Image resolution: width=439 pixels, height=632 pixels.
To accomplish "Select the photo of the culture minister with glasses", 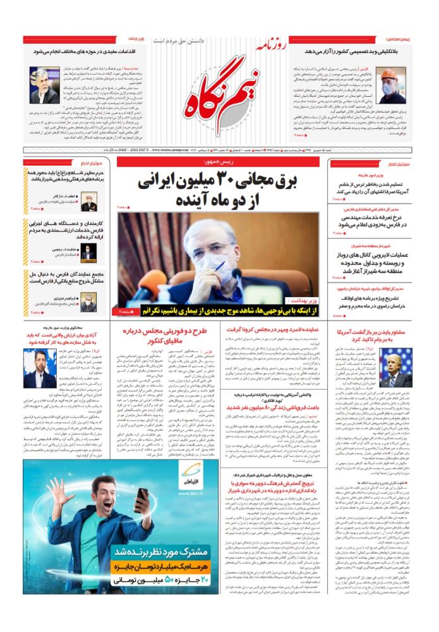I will point(44,85).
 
